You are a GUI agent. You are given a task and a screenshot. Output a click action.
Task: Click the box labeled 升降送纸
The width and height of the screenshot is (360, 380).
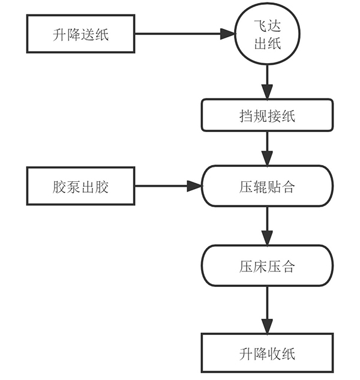click(80, 34)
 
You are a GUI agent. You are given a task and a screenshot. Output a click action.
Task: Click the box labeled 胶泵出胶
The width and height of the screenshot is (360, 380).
click(80, 187)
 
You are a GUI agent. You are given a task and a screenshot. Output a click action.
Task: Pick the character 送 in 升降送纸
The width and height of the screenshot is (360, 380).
click(88, 34)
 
